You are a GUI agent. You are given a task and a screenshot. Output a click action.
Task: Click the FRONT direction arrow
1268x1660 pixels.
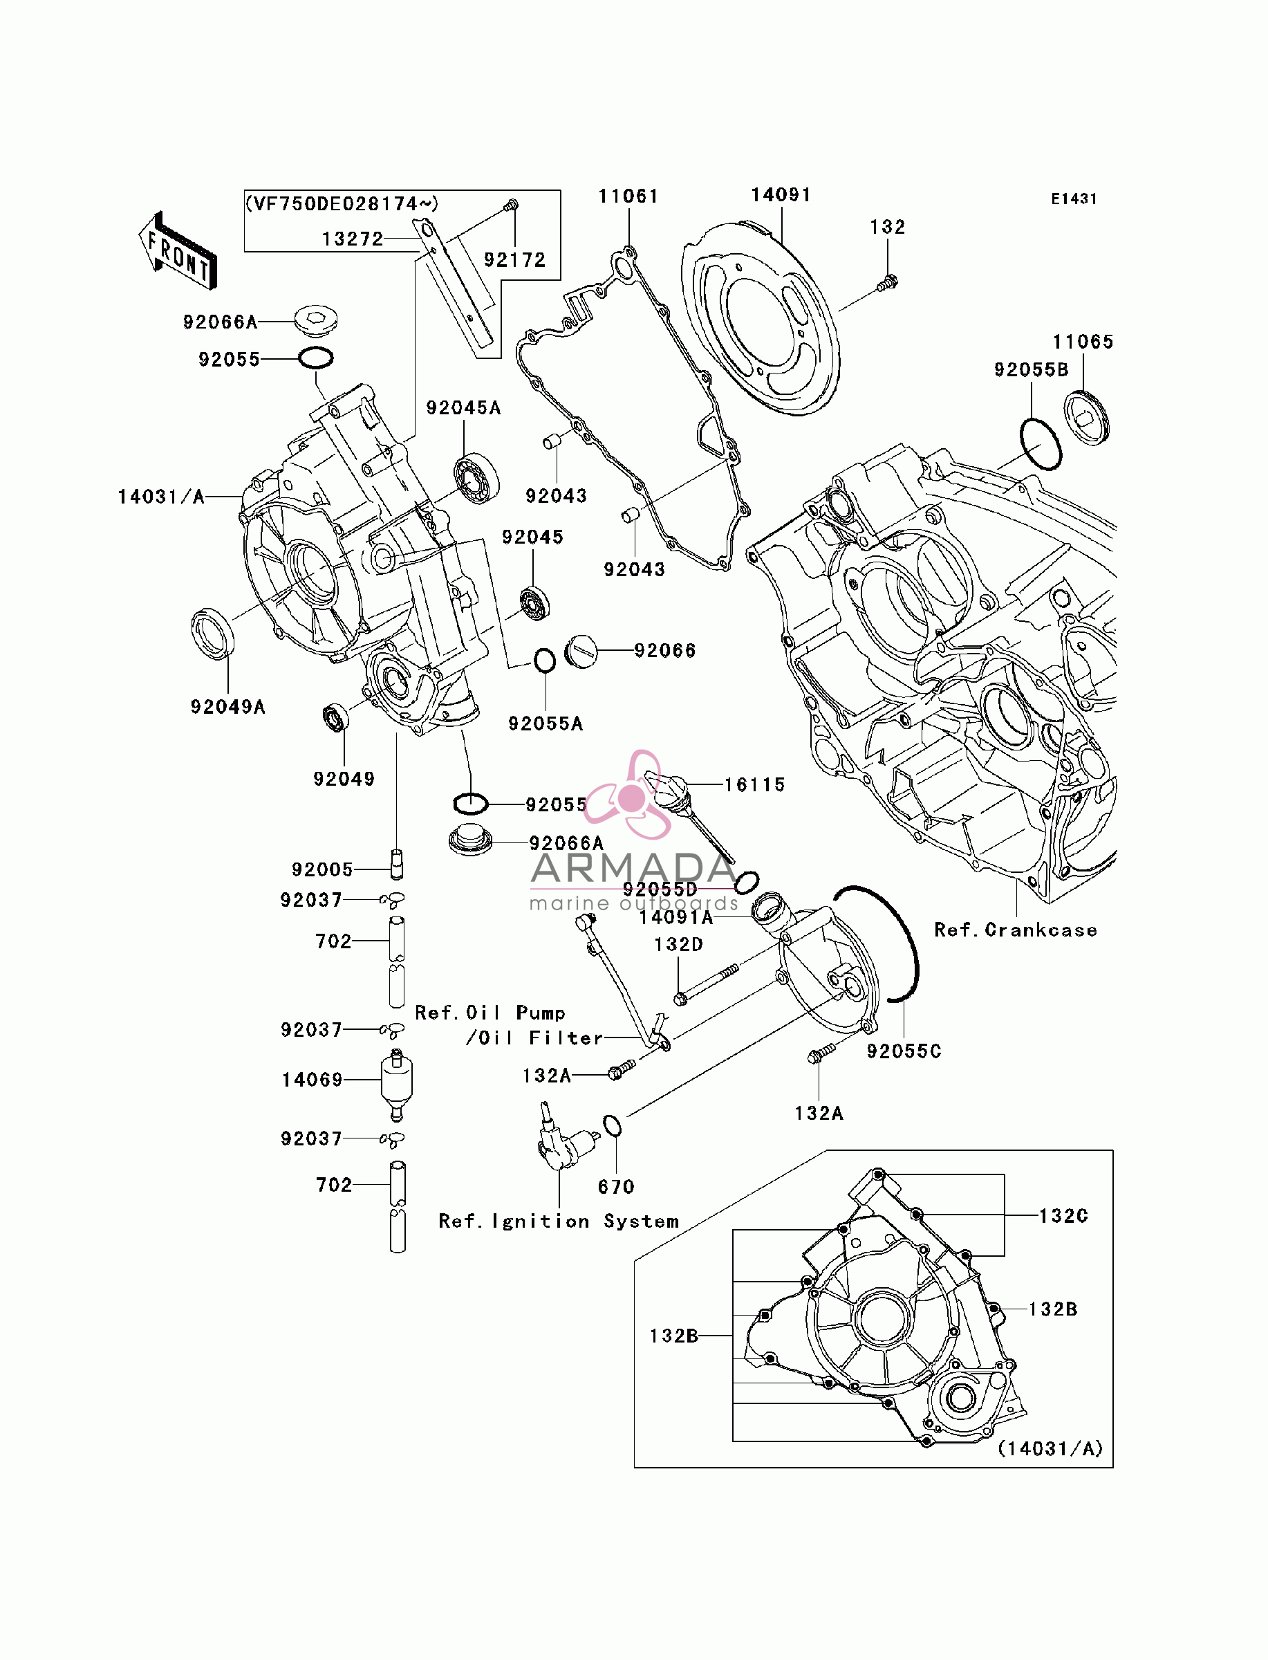tap(178, 251)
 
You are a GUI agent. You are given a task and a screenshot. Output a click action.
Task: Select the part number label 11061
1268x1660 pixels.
tap(628, 196)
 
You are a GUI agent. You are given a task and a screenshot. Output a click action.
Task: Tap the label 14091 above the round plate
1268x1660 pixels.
tap(781, 195)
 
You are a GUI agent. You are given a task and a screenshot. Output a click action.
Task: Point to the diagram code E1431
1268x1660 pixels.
tap(1074, 199)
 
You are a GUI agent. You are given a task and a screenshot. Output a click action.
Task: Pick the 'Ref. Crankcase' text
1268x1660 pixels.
tap(1016, 930)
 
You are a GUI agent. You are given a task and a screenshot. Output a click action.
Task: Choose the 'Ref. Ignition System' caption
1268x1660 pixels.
tap(559, 1221)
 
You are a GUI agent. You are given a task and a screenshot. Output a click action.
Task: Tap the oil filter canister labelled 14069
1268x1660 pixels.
tap(397, 1085)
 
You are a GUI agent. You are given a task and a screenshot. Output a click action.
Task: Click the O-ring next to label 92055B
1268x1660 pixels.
tap(1041, 444)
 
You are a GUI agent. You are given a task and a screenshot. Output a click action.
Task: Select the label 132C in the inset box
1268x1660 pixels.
tap(1063, 1216)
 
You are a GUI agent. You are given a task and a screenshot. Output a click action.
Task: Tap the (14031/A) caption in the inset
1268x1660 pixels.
tap(1051, 1448)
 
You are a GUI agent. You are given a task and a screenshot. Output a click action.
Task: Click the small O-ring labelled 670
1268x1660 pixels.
tap(612, 1125)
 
